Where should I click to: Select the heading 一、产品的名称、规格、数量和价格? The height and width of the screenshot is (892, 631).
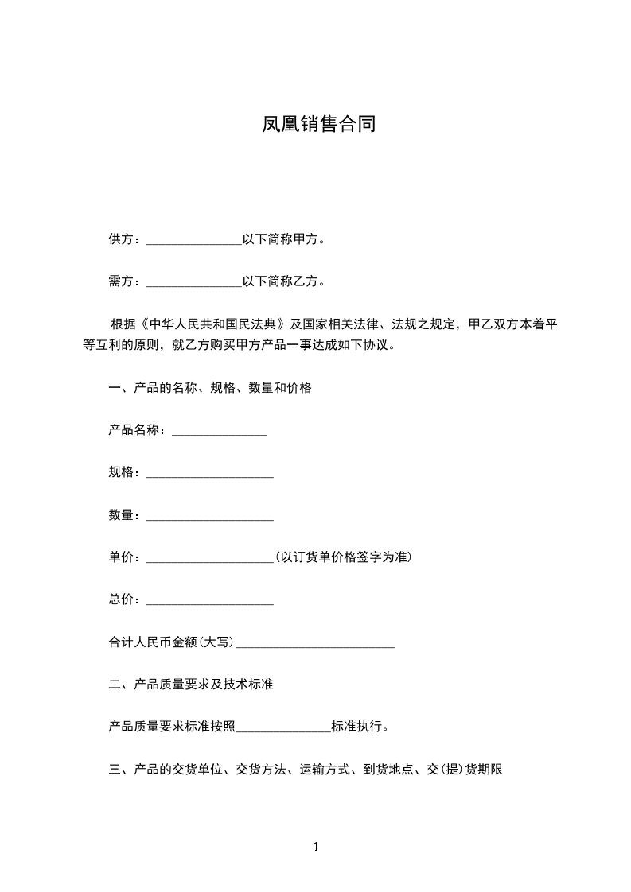click(x=210, y=388)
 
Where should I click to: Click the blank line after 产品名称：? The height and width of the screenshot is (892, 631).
click(x=219, y=431)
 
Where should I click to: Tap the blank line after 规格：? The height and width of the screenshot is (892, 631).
click(x=210, y=473)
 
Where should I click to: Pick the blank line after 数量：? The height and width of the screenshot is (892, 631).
click(x=210, y=516)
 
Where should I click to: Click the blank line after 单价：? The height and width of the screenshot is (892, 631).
click(x=210, y=558)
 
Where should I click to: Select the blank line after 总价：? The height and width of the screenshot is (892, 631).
click(x=210, y=601)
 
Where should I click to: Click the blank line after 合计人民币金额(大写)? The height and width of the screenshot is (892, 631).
click(x=315, y=643)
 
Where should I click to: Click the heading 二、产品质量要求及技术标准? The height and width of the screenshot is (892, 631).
click(x=191, y=685)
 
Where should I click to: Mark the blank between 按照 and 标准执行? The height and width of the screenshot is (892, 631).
click(x=283, y=727)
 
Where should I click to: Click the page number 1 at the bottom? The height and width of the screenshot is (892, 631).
click(x=316, y=847)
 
